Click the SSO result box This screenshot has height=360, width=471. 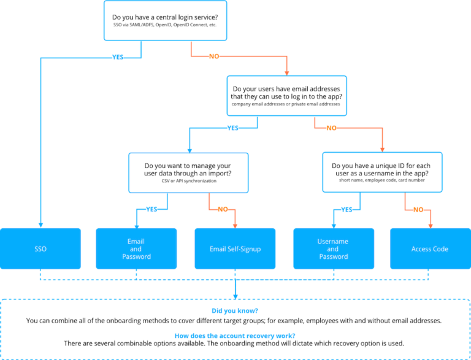pyautogui.click(x=40, y=249)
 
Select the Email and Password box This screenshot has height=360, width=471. pyautogui.click(x=136, y=249)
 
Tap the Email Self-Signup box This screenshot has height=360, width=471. pyautogui.click(x=235, y=249)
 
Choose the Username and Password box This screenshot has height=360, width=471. pyautogui.click(x=333, y=249)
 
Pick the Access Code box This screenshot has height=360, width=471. pyautogui.click(x=430, y=249)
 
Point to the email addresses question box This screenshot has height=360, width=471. pyautogui.click(x=286, y=95)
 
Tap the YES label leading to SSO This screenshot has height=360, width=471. pyautogui.click(x=117, y=57)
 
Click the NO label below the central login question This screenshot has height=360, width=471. pyautogui.click(x=214, y=57)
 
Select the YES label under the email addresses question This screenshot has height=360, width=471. pyautogui.click(x=232, y=128)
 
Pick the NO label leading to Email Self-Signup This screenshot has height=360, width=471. pyautogui.click(x=223, y=209)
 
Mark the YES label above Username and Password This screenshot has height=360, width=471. pyautogui.click(x=347, y=209)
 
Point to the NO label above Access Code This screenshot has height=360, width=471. pyautogui.click(x=418, y=209)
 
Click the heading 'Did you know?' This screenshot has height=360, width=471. pyautogui.click(x=235, y=311)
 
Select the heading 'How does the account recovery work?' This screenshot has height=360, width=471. pyautogui.click(x=235, y=335)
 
